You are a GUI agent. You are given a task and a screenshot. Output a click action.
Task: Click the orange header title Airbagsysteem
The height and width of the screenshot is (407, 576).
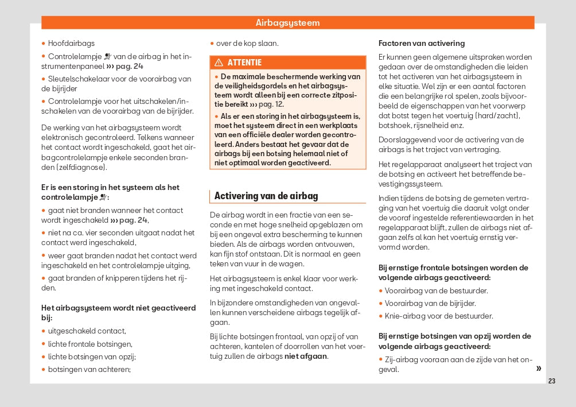[x=287, y=23]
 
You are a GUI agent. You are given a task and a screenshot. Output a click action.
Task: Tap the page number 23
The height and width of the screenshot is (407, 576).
[x=552, y=381]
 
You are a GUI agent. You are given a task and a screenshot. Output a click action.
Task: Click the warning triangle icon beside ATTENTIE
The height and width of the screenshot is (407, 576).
[x=219, y=63]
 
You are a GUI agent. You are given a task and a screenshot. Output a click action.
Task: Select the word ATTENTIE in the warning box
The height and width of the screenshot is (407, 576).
[x=244, y=63]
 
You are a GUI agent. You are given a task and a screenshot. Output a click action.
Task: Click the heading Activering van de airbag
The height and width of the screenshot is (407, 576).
[x=266, y=196]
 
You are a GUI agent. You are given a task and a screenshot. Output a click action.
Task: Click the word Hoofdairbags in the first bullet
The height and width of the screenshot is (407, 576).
[x=71, y=43]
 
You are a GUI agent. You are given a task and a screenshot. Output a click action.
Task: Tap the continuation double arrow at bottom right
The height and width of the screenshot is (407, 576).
[x=538, y=368]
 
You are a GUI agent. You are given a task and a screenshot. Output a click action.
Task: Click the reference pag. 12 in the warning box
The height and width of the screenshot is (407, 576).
[x=271, y=104]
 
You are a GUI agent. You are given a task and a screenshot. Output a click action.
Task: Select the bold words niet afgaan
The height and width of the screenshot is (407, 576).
[x=306, y=356]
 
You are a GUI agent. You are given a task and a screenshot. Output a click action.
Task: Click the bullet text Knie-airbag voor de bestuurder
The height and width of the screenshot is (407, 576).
[x=439, y=316]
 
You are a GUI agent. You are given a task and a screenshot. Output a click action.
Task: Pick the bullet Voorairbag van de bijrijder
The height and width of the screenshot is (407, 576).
[x=430, y=303]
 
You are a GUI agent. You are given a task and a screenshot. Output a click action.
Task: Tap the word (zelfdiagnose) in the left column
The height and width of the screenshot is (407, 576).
[x=74, y=168]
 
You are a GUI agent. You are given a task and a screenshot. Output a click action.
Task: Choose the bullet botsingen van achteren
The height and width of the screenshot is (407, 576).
[x=89, y=370]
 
